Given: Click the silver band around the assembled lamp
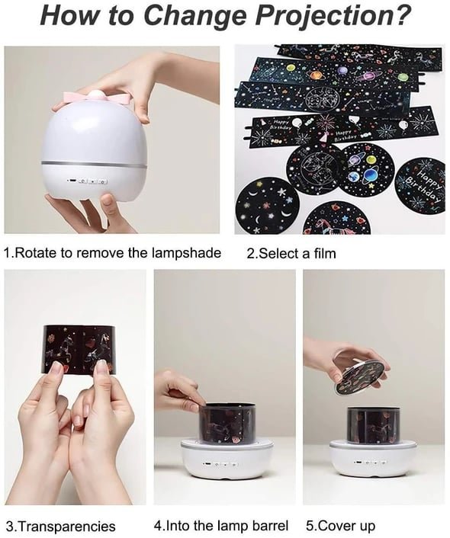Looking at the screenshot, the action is tap(94, 165).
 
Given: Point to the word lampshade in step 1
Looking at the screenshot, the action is tap(185, 253).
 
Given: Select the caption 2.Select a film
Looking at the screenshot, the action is tap(291, 254).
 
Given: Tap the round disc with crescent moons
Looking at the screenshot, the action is tap(267, 205).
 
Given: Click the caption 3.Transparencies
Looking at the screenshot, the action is tap(61, 526).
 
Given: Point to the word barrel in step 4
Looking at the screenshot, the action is tap(270, 525).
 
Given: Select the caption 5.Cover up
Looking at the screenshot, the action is tap(340, 526).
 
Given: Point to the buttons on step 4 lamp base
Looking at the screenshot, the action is tap(220, 464).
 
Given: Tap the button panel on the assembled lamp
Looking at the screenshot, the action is tap(86, 181).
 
